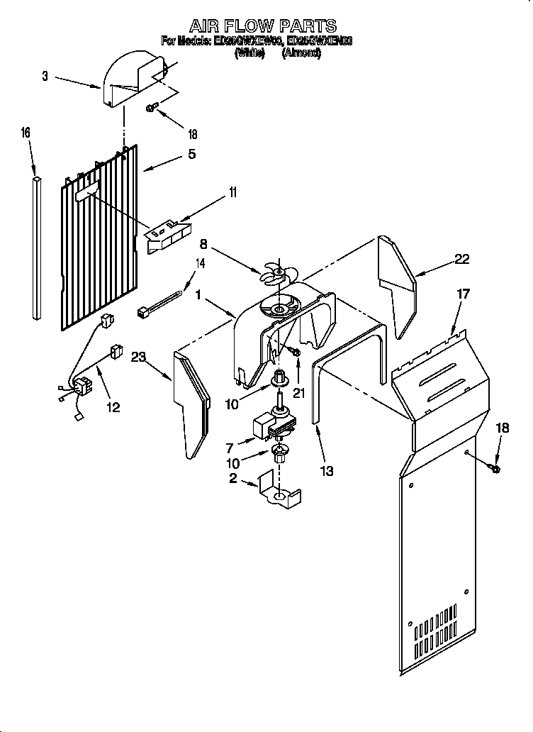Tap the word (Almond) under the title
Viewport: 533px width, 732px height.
301,53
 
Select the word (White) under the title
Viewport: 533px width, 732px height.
249,53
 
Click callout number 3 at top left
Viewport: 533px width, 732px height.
45,76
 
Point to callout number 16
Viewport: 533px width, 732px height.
26,133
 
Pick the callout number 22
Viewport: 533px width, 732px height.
461,259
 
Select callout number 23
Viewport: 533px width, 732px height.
138,358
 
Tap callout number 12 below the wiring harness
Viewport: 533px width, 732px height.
113,407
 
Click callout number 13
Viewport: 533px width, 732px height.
327,470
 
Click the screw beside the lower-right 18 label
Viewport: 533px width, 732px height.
493,468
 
